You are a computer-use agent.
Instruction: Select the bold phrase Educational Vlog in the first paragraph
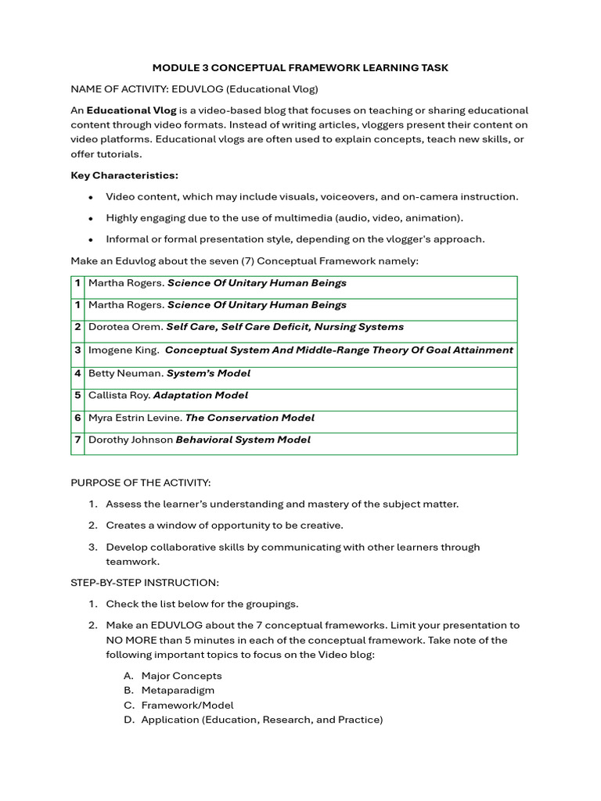131,110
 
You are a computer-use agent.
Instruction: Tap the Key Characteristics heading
124,175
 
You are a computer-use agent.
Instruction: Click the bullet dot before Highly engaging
92,218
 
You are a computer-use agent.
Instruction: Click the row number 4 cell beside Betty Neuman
78,373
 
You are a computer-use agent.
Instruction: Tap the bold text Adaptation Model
200,395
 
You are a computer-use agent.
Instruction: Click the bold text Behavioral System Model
243,440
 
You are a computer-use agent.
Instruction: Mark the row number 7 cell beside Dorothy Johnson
78,440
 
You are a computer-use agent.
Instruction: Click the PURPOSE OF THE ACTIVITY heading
141,483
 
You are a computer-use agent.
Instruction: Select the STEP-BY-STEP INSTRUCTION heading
145,583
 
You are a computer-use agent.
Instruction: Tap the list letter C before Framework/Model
128,705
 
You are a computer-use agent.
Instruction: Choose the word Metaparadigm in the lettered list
178,690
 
